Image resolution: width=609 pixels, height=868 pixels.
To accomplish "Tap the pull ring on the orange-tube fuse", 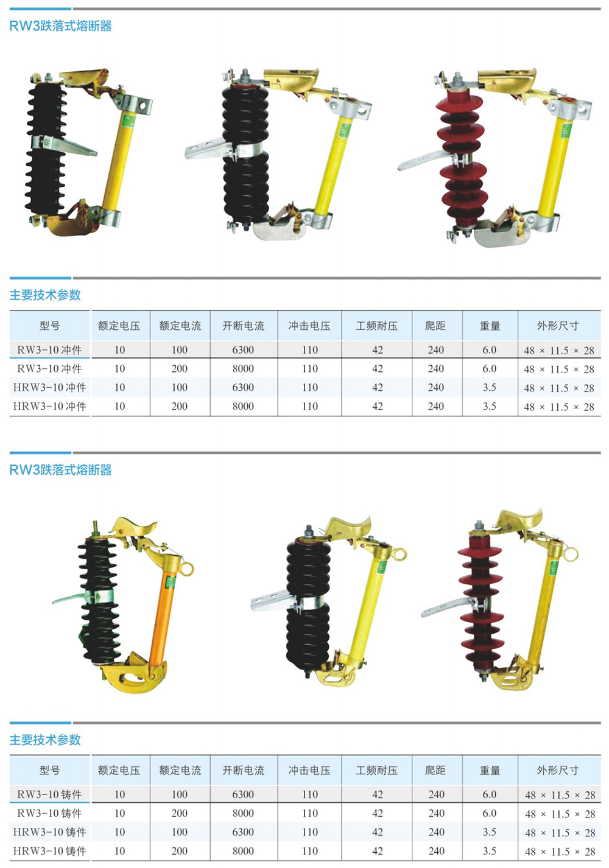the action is coord(188,569).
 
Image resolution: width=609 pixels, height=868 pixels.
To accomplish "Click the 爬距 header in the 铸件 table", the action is coord(435,769).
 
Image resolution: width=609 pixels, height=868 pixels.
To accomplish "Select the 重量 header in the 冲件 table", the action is coord(490,326).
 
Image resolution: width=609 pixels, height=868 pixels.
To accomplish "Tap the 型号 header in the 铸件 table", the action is coord(49,769).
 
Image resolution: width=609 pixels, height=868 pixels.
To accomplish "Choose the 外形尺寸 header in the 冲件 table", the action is coord(558,326).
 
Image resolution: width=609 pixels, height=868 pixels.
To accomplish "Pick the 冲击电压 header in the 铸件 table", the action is coord(309,769).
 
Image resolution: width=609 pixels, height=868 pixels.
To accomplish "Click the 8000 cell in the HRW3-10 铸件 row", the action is coord(243,850).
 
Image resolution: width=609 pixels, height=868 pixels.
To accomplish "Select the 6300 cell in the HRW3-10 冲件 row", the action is coord(243,387).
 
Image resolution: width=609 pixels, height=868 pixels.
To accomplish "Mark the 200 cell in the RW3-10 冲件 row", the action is coord(180,368).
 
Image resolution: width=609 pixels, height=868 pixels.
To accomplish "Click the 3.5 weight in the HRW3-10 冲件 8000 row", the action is coord(489,406).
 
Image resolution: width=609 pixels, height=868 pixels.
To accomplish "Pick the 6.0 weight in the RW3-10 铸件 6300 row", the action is coord(489,794).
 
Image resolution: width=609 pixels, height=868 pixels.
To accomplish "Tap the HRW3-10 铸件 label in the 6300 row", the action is coord(49,832).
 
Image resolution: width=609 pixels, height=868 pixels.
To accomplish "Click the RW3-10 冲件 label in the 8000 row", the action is coord(49,368).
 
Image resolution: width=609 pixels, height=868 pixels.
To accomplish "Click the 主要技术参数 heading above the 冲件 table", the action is coord(45,295).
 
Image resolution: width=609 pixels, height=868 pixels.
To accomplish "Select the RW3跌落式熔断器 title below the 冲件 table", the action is coord(60,470).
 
